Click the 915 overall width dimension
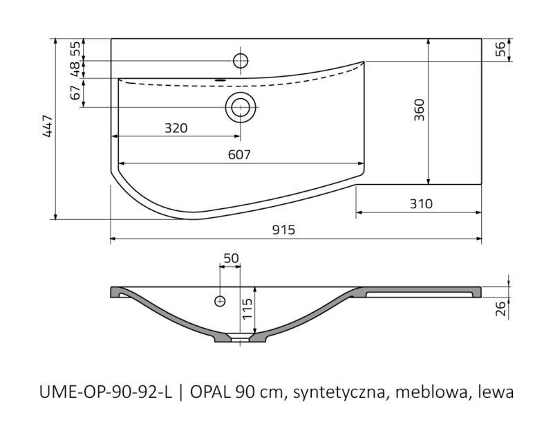pyautogui.click(x=283, y=230)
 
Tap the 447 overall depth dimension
pyautogui.click(x=47, y=126)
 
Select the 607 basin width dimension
pyautogui.click(x=239, y=154)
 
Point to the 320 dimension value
pyautogui.click(x=176, y=128)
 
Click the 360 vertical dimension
pyautogui.click(x=419, y=110)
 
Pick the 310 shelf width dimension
pyautogui.click(x=421, y=203)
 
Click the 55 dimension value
pyautogui.click(x=75, y=48)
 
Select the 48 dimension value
pyautogui.click(x=75, y=69)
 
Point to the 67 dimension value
pyautogui.click(x=75, y=93)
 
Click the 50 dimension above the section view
pyautogui.click(x=231, y=258)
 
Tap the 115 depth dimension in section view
pyautogui.click(x=247, y=309)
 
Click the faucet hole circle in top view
pyautogui.click(x=241, y=61)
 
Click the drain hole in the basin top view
pyautogui.click(x=241, y=107)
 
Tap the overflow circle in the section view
pyautogui.click(x=220, y=301)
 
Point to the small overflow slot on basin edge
pyautogui.click(x=221, y=80)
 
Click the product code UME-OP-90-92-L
pyautogui.click(x=106, y=392)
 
